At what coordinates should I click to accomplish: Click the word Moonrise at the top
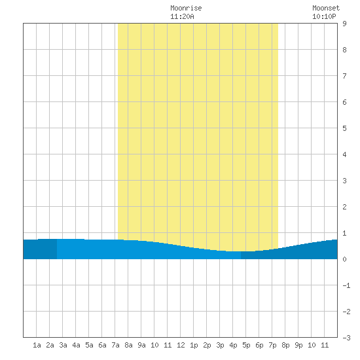186,9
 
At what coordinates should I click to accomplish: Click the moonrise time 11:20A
182,17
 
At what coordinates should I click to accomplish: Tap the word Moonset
326,9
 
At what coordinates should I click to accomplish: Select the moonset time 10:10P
324,17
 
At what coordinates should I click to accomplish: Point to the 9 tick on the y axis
344,24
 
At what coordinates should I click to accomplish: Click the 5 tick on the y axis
344,128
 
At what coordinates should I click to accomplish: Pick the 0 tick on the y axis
344,259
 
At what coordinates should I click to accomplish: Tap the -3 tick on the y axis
346,338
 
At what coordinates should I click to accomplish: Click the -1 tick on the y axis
346,285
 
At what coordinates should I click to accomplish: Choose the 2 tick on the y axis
344,207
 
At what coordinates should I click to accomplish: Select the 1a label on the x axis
37,345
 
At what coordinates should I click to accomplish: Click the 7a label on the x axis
115,345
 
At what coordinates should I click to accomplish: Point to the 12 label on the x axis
181,345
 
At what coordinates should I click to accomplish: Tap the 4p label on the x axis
233,345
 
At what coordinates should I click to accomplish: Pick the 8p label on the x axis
285,345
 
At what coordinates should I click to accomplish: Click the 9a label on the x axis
141,345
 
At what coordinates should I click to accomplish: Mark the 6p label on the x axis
259,345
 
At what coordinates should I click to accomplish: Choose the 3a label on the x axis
63,345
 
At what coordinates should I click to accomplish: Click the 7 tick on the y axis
344,76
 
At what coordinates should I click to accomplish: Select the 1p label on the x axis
194,345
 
